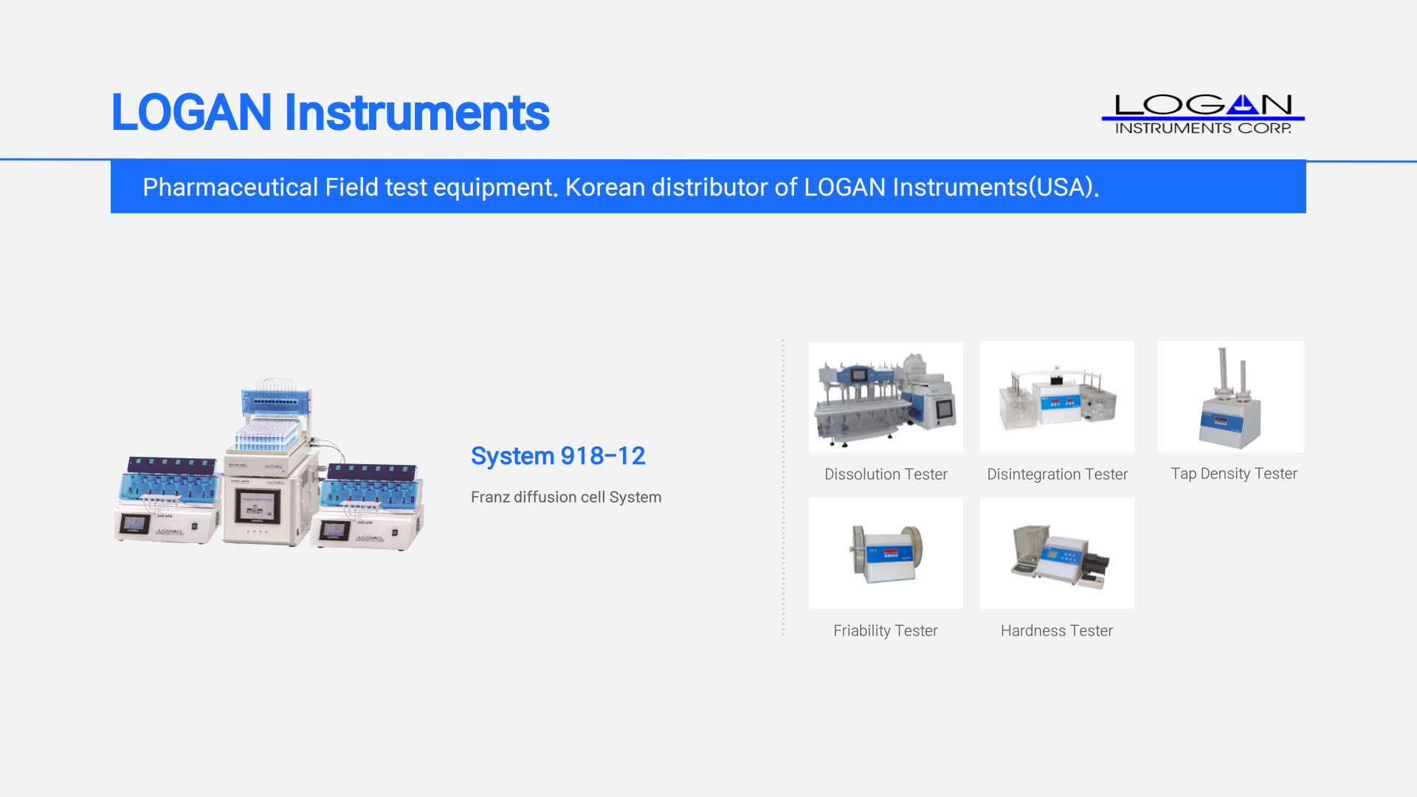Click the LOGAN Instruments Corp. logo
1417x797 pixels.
coord(1203,114)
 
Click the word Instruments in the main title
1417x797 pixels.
coord(417,113)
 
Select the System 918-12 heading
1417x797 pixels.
coord(558,456)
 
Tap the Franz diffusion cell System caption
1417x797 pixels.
coord(566,497)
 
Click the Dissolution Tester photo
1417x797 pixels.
coord(886,397)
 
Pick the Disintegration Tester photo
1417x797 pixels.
coord(1057,397)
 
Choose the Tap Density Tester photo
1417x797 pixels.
coord(1231,396)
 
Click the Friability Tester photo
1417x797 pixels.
coord(886,553)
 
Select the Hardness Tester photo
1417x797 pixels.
coord(1057,553)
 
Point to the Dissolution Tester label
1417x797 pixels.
coord(886,475)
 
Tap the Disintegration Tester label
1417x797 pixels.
coord(1058,475)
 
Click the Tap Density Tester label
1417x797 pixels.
coord(1234,474)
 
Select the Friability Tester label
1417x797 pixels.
coord(886,631)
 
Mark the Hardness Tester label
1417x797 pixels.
coord(1057,631)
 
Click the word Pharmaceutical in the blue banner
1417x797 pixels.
coord(230,187)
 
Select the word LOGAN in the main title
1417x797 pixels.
coord(192,113)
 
